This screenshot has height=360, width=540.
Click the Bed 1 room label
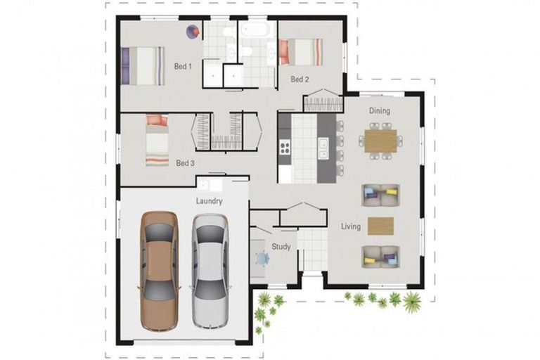[183, 67]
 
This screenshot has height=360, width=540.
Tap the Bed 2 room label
[300, 79]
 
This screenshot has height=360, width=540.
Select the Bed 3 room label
[185, 163]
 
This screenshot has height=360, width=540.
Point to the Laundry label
[210, 201]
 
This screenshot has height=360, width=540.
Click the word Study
[281, 246]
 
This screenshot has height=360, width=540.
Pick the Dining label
[380, 110]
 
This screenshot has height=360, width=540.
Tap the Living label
[351, 226]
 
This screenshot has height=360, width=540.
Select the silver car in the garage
[210, 269]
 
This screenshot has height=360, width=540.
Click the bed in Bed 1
[144, 65]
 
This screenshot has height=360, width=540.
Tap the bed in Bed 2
[302, 53]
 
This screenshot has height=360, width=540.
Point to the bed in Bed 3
[157, 140]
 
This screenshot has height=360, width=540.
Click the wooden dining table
[380, 141]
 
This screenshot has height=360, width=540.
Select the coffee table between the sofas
[380, 226]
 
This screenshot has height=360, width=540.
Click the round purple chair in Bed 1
[192, 31]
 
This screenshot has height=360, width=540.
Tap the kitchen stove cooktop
[285, 148]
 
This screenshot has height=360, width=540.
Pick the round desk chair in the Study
[262, 259]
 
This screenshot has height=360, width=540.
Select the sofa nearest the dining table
[380, 194]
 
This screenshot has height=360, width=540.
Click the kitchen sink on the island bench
[322, 148]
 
